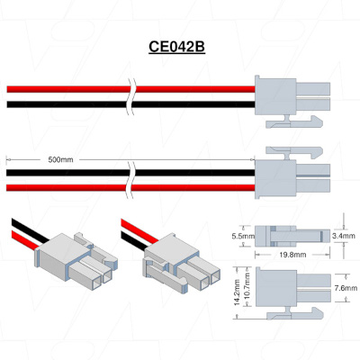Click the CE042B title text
pos(176,47)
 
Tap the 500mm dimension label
pos(60,159)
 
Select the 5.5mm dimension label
pos(242,236)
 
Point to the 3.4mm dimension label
pos(344,236)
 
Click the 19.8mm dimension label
pos(292,255)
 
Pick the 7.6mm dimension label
pos(346,288)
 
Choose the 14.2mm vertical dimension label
pos(237,292)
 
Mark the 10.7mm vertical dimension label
pos(247,286)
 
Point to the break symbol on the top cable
pos(131,96)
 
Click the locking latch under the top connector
pos(294,121)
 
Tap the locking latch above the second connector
pos(294,153)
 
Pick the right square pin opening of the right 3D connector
pos(215,277)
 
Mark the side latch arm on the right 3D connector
pos(166,276)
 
